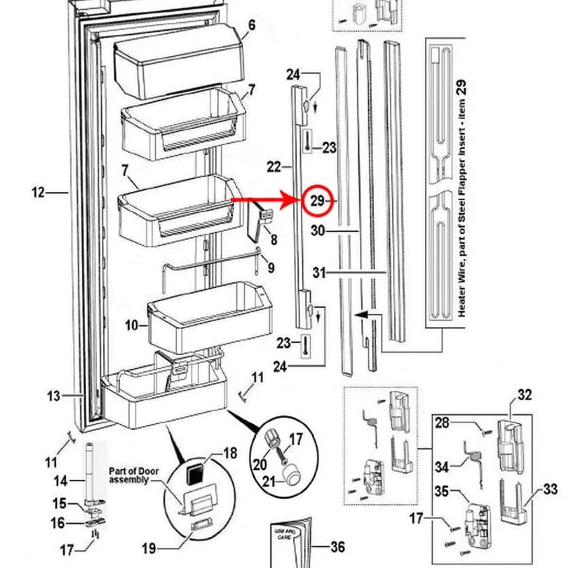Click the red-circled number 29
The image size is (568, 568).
point(317,201)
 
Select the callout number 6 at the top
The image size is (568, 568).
point(251,25)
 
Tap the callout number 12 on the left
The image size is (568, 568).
point(38,193)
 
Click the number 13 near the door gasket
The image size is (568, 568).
point(53,395)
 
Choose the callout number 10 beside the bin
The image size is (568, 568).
point(132,325)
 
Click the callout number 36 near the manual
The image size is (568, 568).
point(337,547)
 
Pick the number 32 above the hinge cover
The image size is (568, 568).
point(524,395)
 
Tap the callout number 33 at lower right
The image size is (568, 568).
point(550,489)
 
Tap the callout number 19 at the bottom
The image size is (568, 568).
point(149,548)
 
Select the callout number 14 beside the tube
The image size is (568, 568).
point(61,481)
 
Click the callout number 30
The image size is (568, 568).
point(318,231)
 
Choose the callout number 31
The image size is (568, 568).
point(319,273)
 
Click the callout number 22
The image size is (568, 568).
point(274,167)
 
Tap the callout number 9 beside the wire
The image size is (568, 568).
point(271,268)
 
